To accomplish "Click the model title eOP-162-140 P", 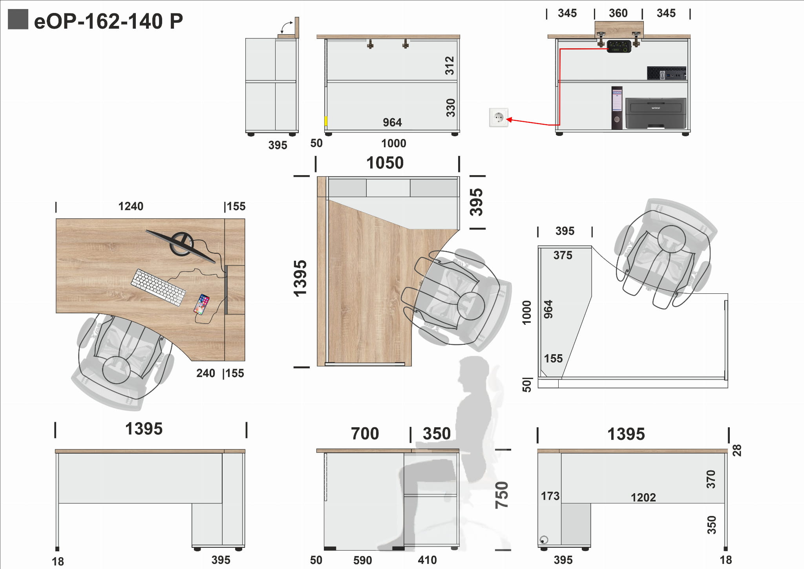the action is (108, 21).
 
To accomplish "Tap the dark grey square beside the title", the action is (18, 19).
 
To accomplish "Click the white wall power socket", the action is (499, 117).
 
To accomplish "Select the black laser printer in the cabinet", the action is (656, 113).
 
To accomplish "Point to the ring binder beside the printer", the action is (617, 108).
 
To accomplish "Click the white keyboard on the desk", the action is (158, 287).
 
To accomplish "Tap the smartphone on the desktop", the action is (202, 304).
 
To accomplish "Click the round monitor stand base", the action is (181, 244).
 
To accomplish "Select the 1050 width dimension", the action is (385, 163).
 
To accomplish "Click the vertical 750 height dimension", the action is (502, 495).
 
